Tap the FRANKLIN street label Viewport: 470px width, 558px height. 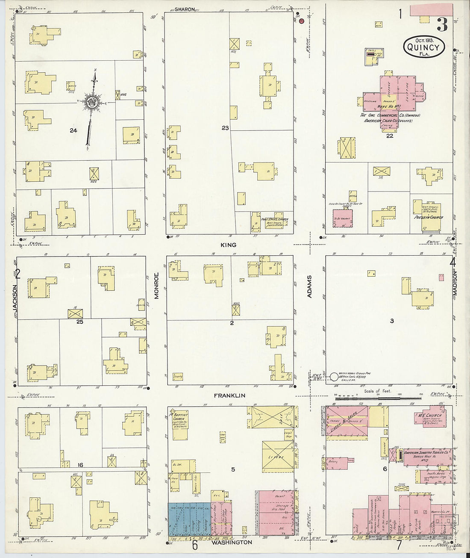coord(229,396)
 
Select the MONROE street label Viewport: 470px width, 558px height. coord(156,285)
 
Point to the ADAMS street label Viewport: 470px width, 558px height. coord(310,286)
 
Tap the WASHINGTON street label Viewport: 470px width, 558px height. coord(231,542)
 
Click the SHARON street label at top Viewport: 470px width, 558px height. coord(185,9)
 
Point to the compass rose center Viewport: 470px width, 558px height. coord(91,102)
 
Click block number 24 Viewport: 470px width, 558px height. coord(73,130)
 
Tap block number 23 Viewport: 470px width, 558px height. coord(225,128)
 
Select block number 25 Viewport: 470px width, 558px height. coord(79,322)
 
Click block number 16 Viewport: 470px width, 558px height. coord(79,465)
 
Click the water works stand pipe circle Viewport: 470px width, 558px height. coord(334,377)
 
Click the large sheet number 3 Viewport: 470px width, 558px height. coord(442,25)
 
